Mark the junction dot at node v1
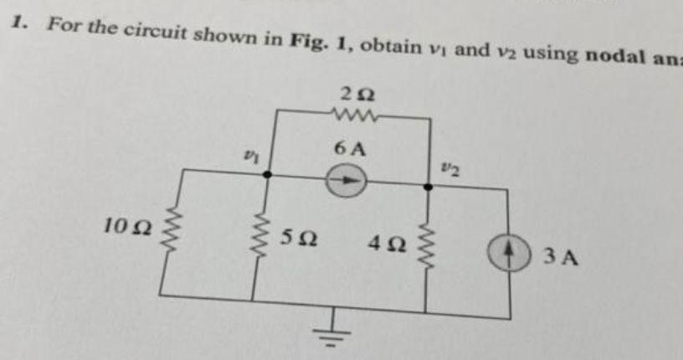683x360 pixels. [x=267, y=174]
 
